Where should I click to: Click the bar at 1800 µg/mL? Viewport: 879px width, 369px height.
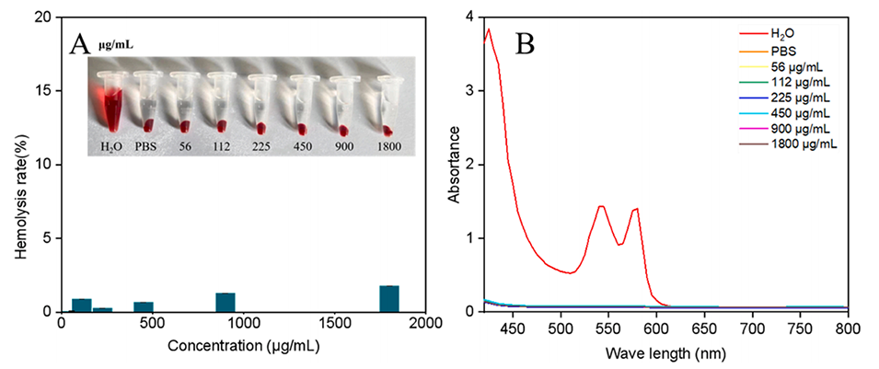pos(388,299)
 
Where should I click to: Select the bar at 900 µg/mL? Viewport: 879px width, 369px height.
pos(226,303)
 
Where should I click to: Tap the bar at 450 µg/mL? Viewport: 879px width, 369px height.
pos(143,306)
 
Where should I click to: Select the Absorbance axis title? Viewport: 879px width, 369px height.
pos(453,165)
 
